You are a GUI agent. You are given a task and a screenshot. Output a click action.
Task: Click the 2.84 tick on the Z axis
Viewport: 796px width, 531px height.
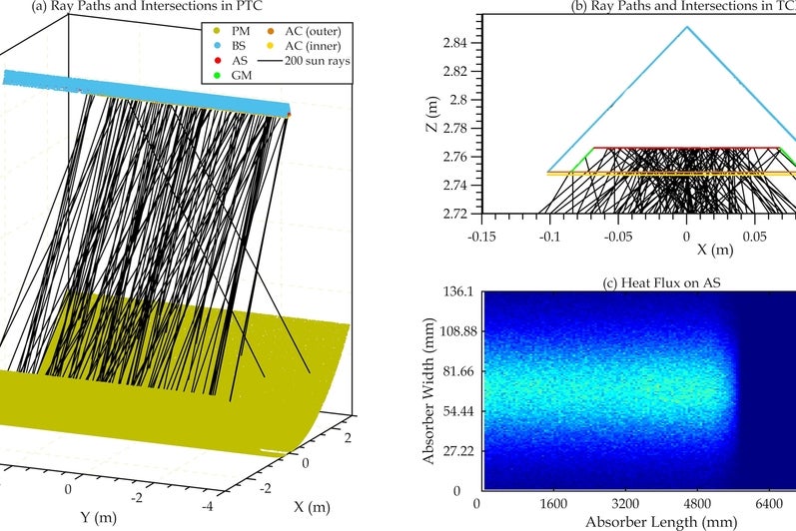[x=455, y=43]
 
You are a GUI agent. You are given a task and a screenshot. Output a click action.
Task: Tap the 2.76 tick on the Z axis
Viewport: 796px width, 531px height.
[x=455, y=157]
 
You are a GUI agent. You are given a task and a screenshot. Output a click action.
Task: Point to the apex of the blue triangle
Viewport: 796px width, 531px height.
[x=686, y=27]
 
